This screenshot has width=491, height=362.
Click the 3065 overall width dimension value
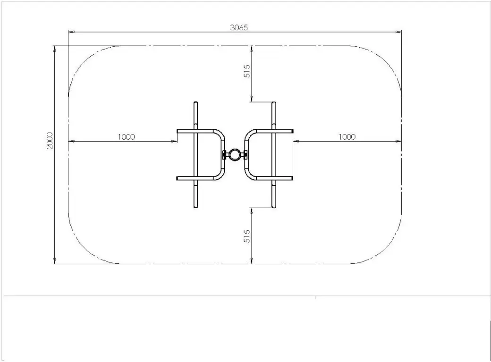[238, 27]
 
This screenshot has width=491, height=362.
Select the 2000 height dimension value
[50, 140]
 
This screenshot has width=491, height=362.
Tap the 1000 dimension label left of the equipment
[126, 137]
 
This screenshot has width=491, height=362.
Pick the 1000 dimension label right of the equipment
[347, 137]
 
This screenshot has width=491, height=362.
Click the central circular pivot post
[235, 154]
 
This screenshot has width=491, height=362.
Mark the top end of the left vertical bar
[196, 103]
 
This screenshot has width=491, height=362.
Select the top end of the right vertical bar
[273, 103]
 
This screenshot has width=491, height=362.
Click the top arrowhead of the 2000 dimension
[55, 49]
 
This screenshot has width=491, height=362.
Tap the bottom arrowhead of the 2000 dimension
[55, 261]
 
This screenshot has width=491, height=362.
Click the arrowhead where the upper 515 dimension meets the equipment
[252, 99]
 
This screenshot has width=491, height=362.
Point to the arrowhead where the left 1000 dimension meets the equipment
[174, 141]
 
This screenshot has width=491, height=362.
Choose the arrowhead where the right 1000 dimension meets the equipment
[296, 141]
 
